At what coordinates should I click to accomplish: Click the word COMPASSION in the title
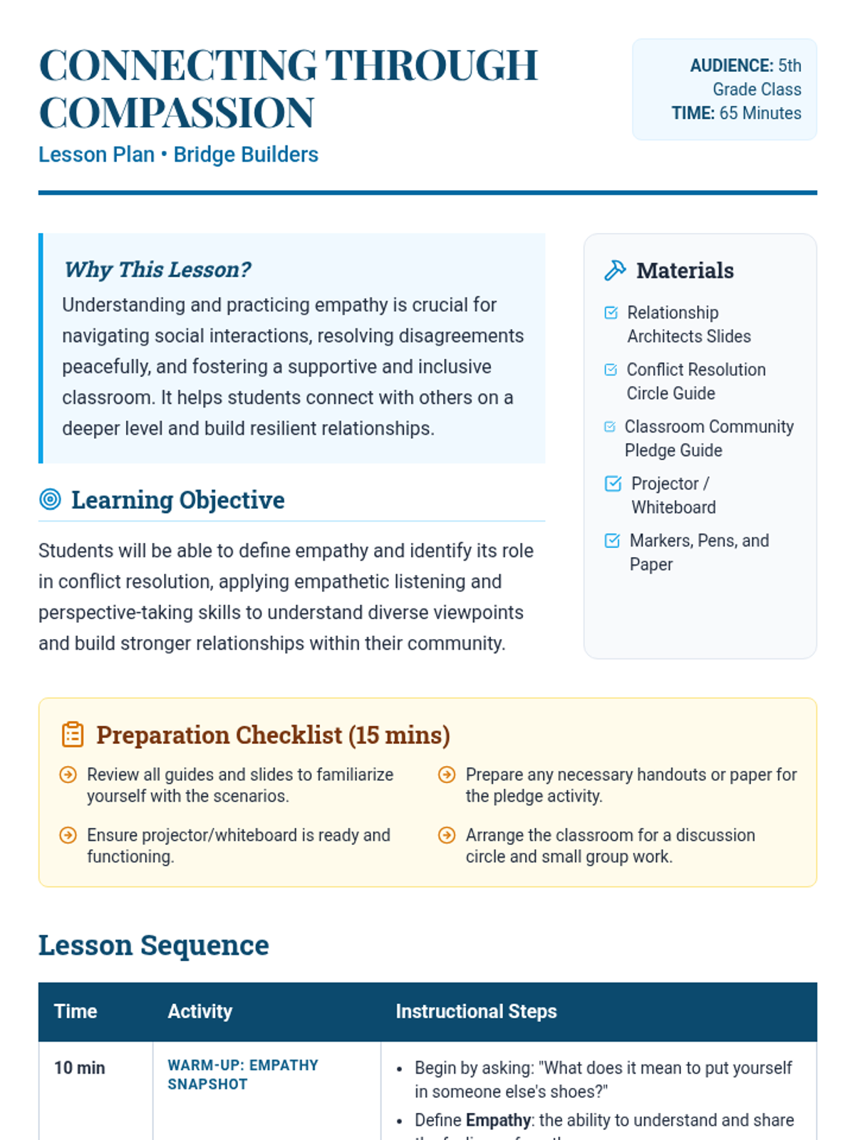click(176, 113)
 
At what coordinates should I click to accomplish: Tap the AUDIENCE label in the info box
click(731, 66)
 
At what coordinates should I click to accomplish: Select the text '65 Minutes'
click(760, 113)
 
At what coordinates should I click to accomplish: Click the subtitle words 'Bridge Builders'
click(246, 155)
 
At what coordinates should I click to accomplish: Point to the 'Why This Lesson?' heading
click(157, 269)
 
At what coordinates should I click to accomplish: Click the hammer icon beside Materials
click(615, 271)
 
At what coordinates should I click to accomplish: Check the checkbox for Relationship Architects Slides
click(611, 313)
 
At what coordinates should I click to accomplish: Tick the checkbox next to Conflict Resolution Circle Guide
click(611, 370)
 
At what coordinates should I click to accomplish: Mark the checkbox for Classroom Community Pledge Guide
click(609, 427)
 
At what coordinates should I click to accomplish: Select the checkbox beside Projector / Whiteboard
click(613, 484)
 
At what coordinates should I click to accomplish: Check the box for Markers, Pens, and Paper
click(612, 541)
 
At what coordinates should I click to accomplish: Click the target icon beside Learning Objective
click(50, 499)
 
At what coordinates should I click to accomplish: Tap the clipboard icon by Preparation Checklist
click(73, 735)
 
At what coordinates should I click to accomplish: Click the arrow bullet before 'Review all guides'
click(68, 774)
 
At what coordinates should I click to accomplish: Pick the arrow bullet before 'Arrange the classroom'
click(447, 835)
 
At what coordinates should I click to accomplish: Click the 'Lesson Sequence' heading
click(154, 945)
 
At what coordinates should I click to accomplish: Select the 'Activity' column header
click(200, 1012)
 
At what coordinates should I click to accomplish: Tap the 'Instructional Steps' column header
click(476, 1012)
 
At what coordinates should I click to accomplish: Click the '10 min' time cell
click(80, 1068)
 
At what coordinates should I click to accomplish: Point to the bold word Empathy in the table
click(499, 1120)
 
